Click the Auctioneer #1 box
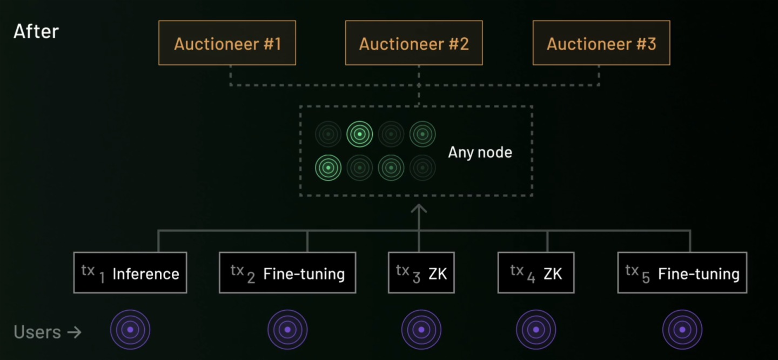pos(227,43)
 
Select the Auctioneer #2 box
pos(414,43)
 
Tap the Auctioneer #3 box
pos(601,43)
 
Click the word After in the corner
pos(36,31)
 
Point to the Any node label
pos(480,152)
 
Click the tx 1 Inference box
pos(130,273)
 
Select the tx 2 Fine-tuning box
pos(287,273)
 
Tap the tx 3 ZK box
pos(421,273)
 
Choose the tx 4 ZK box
pos(536,273)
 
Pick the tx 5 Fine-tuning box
pos(682,273)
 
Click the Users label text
pos(37,332)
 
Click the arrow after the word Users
pos(74,332)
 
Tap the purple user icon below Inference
pos(130,329)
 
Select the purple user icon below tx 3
pos(421,329)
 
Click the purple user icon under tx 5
pos(682,329)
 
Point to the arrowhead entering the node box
pos(419,208)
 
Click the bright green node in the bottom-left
pos(328,168)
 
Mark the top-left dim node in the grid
pos(328,134)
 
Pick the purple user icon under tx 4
pos(536,329)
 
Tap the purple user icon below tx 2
pos(287,329)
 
